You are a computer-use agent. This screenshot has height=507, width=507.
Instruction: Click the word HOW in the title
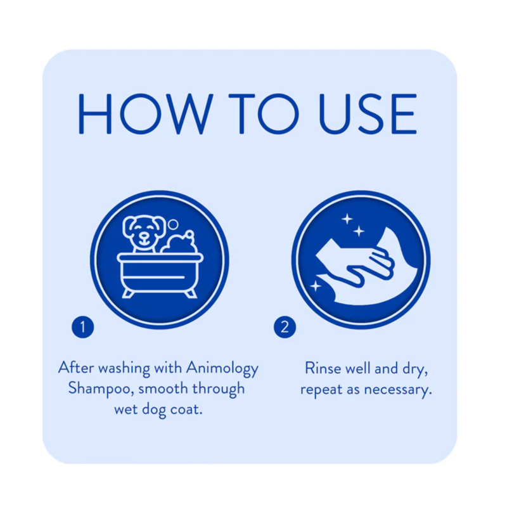[146, 113]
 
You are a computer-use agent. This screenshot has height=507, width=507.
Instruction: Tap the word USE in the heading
[368, 113]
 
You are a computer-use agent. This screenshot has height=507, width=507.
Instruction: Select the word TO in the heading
[264, 113]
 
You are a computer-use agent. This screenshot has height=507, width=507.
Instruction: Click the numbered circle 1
[83, 327]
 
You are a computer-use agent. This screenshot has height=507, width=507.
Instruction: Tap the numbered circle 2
[285, 327]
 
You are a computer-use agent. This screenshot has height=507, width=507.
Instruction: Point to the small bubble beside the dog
[174, 224]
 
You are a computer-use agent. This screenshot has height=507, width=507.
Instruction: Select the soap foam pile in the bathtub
[179, 243]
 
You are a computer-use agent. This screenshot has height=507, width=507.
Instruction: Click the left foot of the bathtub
[128, 293]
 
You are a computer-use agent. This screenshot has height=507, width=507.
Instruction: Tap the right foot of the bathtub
[191, 293]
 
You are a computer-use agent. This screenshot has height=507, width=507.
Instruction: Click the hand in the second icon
[368, 266]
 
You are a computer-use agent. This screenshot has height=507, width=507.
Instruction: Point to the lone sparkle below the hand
[316, 286]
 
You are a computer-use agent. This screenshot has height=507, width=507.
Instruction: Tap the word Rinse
[323, 368]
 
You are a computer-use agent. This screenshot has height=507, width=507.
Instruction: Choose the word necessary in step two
[398, 390]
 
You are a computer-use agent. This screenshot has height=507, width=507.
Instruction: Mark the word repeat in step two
[321, 390]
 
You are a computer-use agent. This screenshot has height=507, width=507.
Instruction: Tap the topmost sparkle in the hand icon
[347, 219]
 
